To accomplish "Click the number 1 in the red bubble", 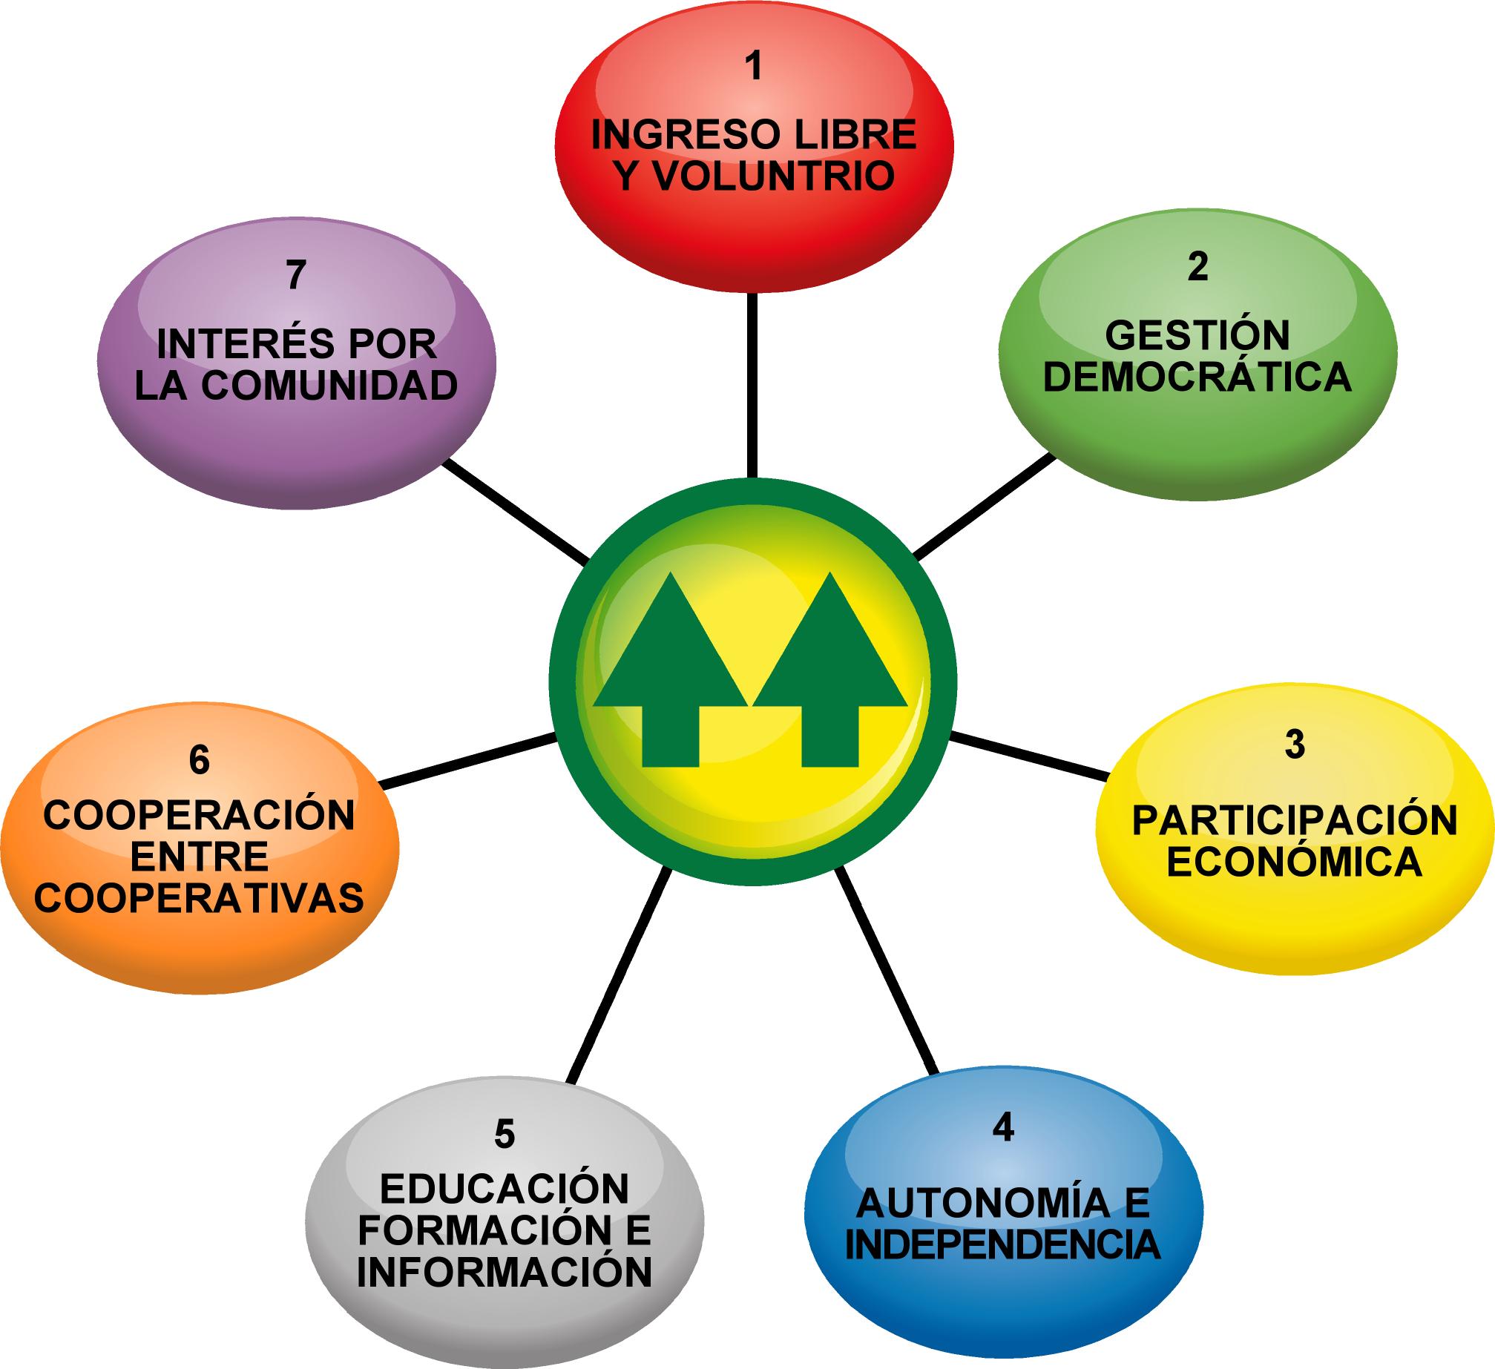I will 754,67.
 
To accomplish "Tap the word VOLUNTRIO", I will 775,177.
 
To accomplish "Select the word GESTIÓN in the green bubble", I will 1197,336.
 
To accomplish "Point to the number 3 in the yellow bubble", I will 1294,745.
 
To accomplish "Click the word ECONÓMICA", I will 1295,862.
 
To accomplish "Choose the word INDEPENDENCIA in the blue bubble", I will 1003,1245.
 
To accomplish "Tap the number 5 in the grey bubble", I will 504,1135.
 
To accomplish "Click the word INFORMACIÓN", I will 505,1272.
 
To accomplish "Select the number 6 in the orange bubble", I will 199,761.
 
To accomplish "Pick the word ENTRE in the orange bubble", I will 199,857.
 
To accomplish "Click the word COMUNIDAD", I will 329,386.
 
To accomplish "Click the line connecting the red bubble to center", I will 752,386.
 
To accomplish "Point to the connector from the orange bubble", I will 467,760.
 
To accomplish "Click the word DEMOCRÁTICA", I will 1197,377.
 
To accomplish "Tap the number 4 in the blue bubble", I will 1002,1128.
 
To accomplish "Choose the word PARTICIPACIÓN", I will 1295,821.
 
